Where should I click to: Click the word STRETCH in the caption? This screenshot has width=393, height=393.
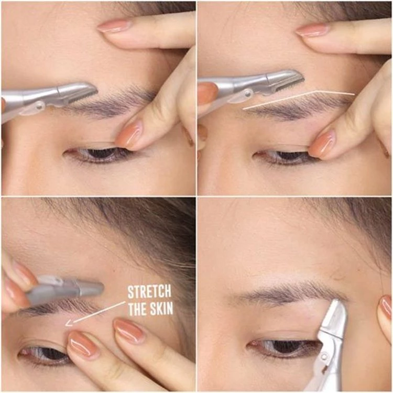pos(149,292)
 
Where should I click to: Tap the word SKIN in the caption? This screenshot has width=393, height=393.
pos(162,309)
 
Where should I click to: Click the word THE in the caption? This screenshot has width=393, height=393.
pos(138,309)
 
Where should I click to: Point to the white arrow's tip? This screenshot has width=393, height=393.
pos(66,325)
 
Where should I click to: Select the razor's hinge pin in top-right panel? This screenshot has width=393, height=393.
pos(248,94)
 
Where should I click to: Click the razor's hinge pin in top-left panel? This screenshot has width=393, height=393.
pos(39,106)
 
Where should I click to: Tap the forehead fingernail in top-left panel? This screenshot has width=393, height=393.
pos(114,26)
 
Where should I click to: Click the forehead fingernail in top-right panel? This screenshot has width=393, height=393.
pos(312,30)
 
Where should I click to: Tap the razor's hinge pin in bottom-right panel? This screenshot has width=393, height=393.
pos(324,356)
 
